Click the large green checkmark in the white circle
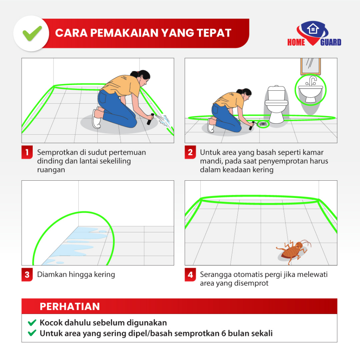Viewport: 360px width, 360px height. [x=32, y=34]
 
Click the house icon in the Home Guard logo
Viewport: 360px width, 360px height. [x=313, y=29]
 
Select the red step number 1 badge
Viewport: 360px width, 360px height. [x=27, y=152]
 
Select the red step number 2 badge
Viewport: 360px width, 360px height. [x=190, y=152]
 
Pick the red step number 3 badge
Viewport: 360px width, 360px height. [x=27, y=274]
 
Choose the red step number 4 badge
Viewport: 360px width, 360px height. [x=190, y=274]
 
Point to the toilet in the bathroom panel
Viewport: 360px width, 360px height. [x=276, y=104]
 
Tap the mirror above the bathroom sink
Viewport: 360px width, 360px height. [x=310, y=66]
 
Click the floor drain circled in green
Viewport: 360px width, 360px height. [x=263, y=124]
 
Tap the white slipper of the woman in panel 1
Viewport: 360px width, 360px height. [x=96, y=120]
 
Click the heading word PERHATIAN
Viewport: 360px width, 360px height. [x=70, y=307]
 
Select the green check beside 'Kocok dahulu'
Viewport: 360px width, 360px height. [x=32, y=323]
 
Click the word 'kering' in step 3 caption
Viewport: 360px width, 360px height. [x=105, y=275]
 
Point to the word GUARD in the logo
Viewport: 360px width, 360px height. [x=330, y=42]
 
